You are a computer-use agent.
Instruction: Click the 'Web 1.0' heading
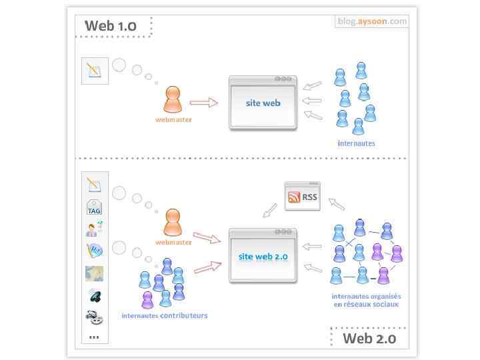[111, 26]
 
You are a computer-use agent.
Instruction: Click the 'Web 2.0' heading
[369, 338]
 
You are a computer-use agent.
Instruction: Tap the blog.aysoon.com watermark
[372, 21]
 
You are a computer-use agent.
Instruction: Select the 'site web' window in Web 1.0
[263, 103]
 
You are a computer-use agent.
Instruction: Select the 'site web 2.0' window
[263, 256]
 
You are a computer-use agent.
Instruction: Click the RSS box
[302, 197]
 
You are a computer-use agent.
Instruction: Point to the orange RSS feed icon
[294, 197]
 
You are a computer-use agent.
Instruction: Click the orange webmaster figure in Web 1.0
[173, 101]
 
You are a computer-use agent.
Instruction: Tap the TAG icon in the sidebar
[95, 207]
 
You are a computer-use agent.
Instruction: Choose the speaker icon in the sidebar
[95, 295]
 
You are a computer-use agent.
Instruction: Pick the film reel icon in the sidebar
[95, 317]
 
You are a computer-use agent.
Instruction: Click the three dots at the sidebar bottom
[94, 337]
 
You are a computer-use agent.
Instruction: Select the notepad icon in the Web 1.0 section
[95, 71]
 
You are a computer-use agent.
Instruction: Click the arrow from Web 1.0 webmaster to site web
[204, 103]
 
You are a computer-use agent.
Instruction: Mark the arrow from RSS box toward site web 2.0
[270, 211]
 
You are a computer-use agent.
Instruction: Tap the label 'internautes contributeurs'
[164, 315]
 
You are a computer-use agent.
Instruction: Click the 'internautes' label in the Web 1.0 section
[356, 143]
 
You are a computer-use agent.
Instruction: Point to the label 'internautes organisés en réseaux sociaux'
[366, 300]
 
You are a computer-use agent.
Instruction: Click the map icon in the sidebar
[95, 273]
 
